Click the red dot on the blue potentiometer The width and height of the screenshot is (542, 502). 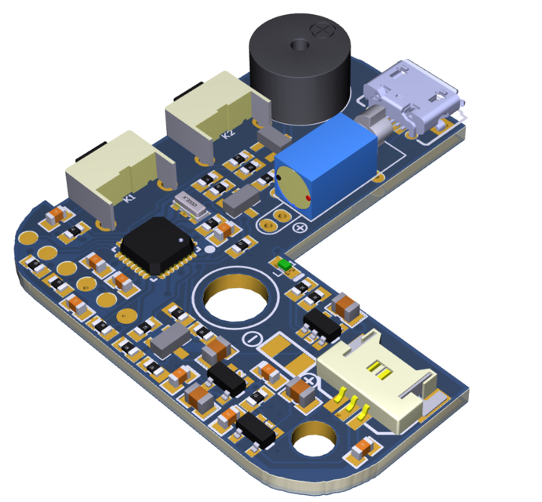[307, 197]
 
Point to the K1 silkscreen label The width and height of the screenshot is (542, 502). [130, 198]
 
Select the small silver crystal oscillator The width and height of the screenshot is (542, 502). [190, 204]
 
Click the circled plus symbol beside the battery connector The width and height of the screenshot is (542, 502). [309, 381]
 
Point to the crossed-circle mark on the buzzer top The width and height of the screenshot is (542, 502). [321, 30]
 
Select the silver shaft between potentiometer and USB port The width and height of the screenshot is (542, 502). [373, 125]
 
